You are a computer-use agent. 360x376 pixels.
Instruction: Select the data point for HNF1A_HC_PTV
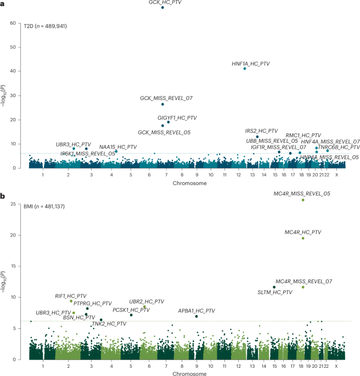(x=245, y=69)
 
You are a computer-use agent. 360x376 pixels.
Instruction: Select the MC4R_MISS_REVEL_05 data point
(x=303, y=200)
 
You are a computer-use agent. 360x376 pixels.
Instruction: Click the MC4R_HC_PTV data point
(x=303, y=238)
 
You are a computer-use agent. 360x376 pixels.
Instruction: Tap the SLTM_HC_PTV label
(x=275, y=292)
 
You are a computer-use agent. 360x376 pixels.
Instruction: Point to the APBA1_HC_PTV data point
(x=196, y=316)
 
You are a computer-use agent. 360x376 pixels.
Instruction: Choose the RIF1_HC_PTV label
(x=71, y=296)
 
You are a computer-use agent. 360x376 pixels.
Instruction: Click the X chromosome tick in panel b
(x=336, y=366)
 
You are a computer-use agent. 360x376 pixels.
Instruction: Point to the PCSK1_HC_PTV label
(x=131, y=310)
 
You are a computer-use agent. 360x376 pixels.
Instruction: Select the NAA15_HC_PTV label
(x=118, y=147)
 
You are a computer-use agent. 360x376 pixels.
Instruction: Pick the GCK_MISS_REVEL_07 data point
(x=163, y=104)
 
